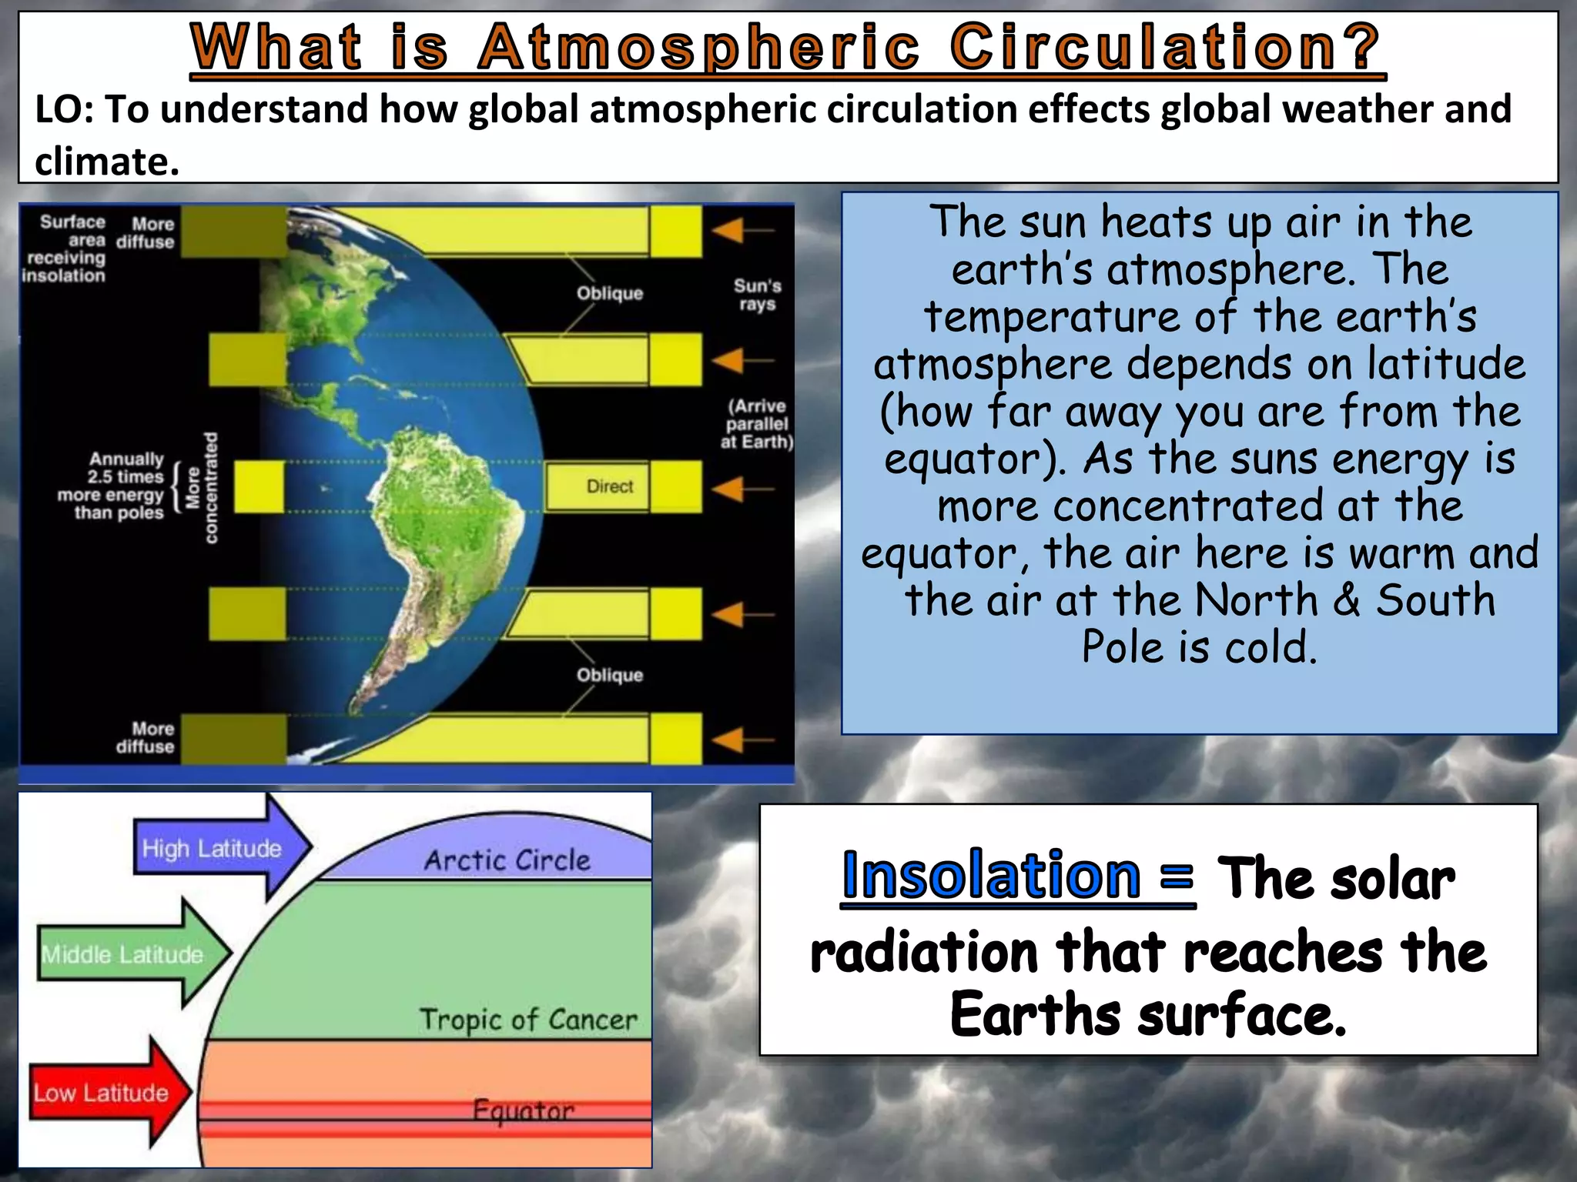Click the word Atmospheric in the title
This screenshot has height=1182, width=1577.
(698, 48)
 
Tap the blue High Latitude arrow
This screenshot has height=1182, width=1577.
(219, 848)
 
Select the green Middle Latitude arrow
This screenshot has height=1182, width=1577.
(131, 954)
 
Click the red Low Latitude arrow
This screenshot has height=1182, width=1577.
(108, 1093)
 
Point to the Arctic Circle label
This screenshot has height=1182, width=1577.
(507, 860)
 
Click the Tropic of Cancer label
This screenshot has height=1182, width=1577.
(528, 1020)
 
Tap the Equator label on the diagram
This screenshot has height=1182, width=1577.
(524, 1110)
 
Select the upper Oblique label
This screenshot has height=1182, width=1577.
(610, 293)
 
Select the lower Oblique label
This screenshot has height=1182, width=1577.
(610, 675)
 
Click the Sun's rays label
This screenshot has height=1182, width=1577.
(757, 295)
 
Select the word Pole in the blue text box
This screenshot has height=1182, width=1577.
(1122, 646)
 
